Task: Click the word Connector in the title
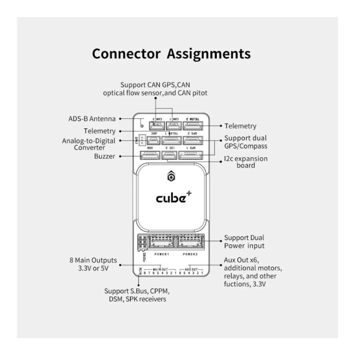[x=126, y=54]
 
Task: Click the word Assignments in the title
[x=208, y=54]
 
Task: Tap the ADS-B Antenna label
[x=92, y=119]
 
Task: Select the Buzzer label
[x=105, y=156]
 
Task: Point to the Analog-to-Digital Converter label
[x=89, y=144]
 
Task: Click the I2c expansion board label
[x=246, y=162]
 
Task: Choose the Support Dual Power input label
[x=244, y=242]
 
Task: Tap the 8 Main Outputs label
[x=93, y=264]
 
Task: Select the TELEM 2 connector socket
[x=193, y=126]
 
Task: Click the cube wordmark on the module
[x=171, y=197]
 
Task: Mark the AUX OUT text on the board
[x=192, y=269]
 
